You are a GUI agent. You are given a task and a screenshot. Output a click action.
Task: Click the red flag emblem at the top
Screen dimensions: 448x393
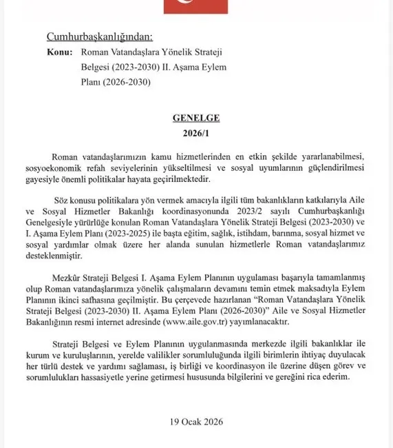195,6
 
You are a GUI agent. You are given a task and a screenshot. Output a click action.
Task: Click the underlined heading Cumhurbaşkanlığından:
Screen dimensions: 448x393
99,36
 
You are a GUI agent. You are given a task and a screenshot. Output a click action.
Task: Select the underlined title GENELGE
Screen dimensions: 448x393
195,118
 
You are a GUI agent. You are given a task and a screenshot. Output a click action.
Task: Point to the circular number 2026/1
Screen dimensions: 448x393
195,132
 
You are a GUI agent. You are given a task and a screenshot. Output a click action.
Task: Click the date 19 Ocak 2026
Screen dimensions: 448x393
195,421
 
